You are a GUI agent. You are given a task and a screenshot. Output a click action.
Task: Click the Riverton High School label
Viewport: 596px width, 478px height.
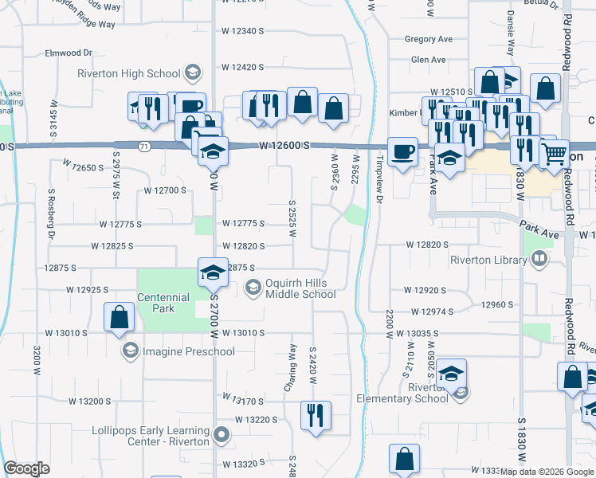point(128,74)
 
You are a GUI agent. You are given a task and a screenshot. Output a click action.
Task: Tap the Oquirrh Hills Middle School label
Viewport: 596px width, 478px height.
point(300,288)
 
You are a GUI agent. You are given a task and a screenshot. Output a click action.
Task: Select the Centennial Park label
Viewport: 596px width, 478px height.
point(163,303)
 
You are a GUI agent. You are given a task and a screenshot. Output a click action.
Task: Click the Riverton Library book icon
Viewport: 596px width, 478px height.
point(539,259)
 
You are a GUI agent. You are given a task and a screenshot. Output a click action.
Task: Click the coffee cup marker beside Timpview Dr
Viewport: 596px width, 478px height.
point(402,151)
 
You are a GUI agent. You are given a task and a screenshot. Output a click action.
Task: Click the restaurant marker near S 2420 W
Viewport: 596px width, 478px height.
point(316,415)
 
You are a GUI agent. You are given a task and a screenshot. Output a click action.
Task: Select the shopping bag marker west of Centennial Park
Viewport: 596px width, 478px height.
point(119,317)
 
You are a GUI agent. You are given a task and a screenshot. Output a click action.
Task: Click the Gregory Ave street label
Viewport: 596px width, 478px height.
point(428,38)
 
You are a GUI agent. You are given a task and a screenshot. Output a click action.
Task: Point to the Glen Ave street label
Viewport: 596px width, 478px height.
point(428,60)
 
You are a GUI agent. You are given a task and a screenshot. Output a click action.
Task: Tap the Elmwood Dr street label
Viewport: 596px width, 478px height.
point(69,53)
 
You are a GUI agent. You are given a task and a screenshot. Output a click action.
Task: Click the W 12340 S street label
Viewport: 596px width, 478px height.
point(242,30)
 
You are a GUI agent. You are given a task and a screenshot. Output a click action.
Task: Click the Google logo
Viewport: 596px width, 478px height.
point(27,468)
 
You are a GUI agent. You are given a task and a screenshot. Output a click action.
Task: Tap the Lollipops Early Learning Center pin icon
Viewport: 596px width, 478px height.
point(222,435)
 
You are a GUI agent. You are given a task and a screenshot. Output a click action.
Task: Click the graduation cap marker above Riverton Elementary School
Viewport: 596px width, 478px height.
point(451,374)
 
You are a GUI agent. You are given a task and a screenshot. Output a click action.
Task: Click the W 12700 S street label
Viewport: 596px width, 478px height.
point(165,190)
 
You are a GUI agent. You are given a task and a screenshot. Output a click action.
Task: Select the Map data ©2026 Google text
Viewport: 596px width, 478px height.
point(546,472)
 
